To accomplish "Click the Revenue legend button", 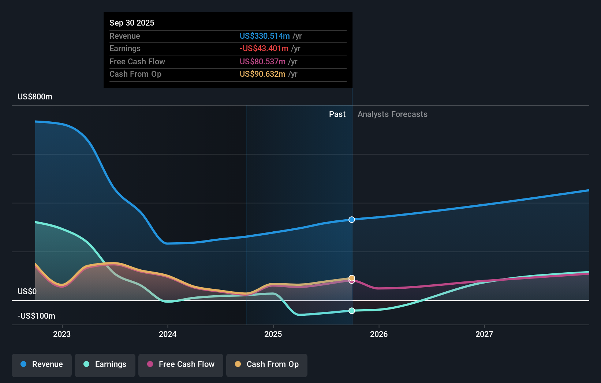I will pyautogui.click(x=42, y=365).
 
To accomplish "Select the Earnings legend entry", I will pyautogui.click(x=105, y=365).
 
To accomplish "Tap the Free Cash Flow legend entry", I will pyautogui.click(x=181, y=365).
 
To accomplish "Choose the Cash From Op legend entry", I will pyautogui.click(x=267, y=365).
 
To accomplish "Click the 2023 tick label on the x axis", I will pyautogui.click(x=62, y=334).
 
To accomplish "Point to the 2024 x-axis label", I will pyautogui.click(x=168, y=334).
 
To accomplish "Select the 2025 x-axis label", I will pyautogui.click(x=273, y=334).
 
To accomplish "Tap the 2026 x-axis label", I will pyautogui.click(x=379, y=334).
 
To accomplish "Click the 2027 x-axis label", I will pyautogui.click(x=484, y=334).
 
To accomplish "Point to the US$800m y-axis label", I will pyautogui.click(x=35, y=97).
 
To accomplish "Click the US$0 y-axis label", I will pyautogui.click(x=27, y=291).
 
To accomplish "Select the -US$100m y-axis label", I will pyautogui.click(x=37, y=316).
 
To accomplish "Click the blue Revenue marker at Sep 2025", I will pyautogui.click(x=352, y=220).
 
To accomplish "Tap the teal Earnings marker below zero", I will pyautogui.click(x=352, y=311).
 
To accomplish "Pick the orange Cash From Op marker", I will pyautogui.click(x=352, y=278).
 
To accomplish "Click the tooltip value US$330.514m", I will pyautogui.click(x=265, y=36).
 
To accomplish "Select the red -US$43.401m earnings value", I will pyautogui.click(x=264, y=49).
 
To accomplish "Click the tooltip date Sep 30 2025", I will pyautogui.click(x=132, y=23).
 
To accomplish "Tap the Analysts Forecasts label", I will pyautogui.click(x=392, y=114).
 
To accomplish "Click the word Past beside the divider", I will pyautogui.click(x=337, y=114).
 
